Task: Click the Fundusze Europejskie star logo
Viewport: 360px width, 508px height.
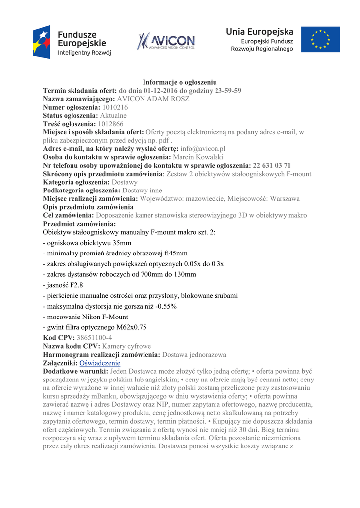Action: click(42, 42)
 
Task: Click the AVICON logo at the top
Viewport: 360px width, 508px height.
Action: click(166, 41)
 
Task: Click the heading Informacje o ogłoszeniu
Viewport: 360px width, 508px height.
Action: click(180, 82)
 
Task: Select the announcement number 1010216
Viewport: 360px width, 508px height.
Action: click(115, 107)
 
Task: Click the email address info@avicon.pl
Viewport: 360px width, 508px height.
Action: click(203, 148)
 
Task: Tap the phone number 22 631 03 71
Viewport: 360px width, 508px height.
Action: click(272, 165)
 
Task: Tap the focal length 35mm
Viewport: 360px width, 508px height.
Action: click(122, 243)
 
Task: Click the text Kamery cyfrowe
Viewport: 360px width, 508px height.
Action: click(127, 346)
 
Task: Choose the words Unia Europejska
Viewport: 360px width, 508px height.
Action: click(260, 32)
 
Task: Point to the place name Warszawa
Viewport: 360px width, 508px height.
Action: click(283, 198)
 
